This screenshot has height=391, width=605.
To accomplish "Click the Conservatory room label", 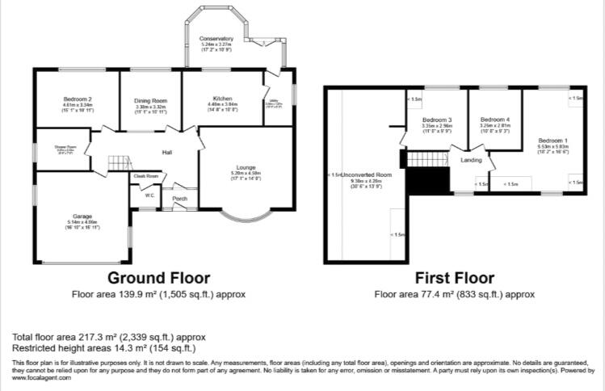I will tap(216, 38).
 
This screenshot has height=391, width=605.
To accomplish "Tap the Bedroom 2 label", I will tap(78, 99).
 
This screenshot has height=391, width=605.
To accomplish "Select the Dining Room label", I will tap(149, 100).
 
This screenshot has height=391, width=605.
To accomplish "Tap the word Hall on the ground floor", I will tap(167, 152).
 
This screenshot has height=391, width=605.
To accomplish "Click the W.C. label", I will tap(149, 195).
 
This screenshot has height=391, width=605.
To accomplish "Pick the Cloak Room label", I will tap(146, 176).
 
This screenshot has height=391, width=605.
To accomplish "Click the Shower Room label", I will tap(65, 146).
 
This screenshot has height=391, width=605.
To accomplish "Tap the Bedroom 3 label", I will tap(436, 120).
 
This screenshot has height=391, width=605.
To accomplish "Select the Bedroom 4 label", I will tap(494, 120).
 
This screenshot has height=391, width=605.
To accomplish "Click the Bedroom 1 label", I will tap(553, 140).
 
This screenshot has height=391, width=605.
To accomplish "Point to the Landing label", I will tap(471, 160).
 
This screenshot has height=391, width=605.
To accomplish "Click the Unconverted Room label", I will tap(366, 174).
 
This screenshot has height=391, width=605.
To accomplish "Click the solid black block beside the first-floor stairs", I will tap(426, 179).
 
